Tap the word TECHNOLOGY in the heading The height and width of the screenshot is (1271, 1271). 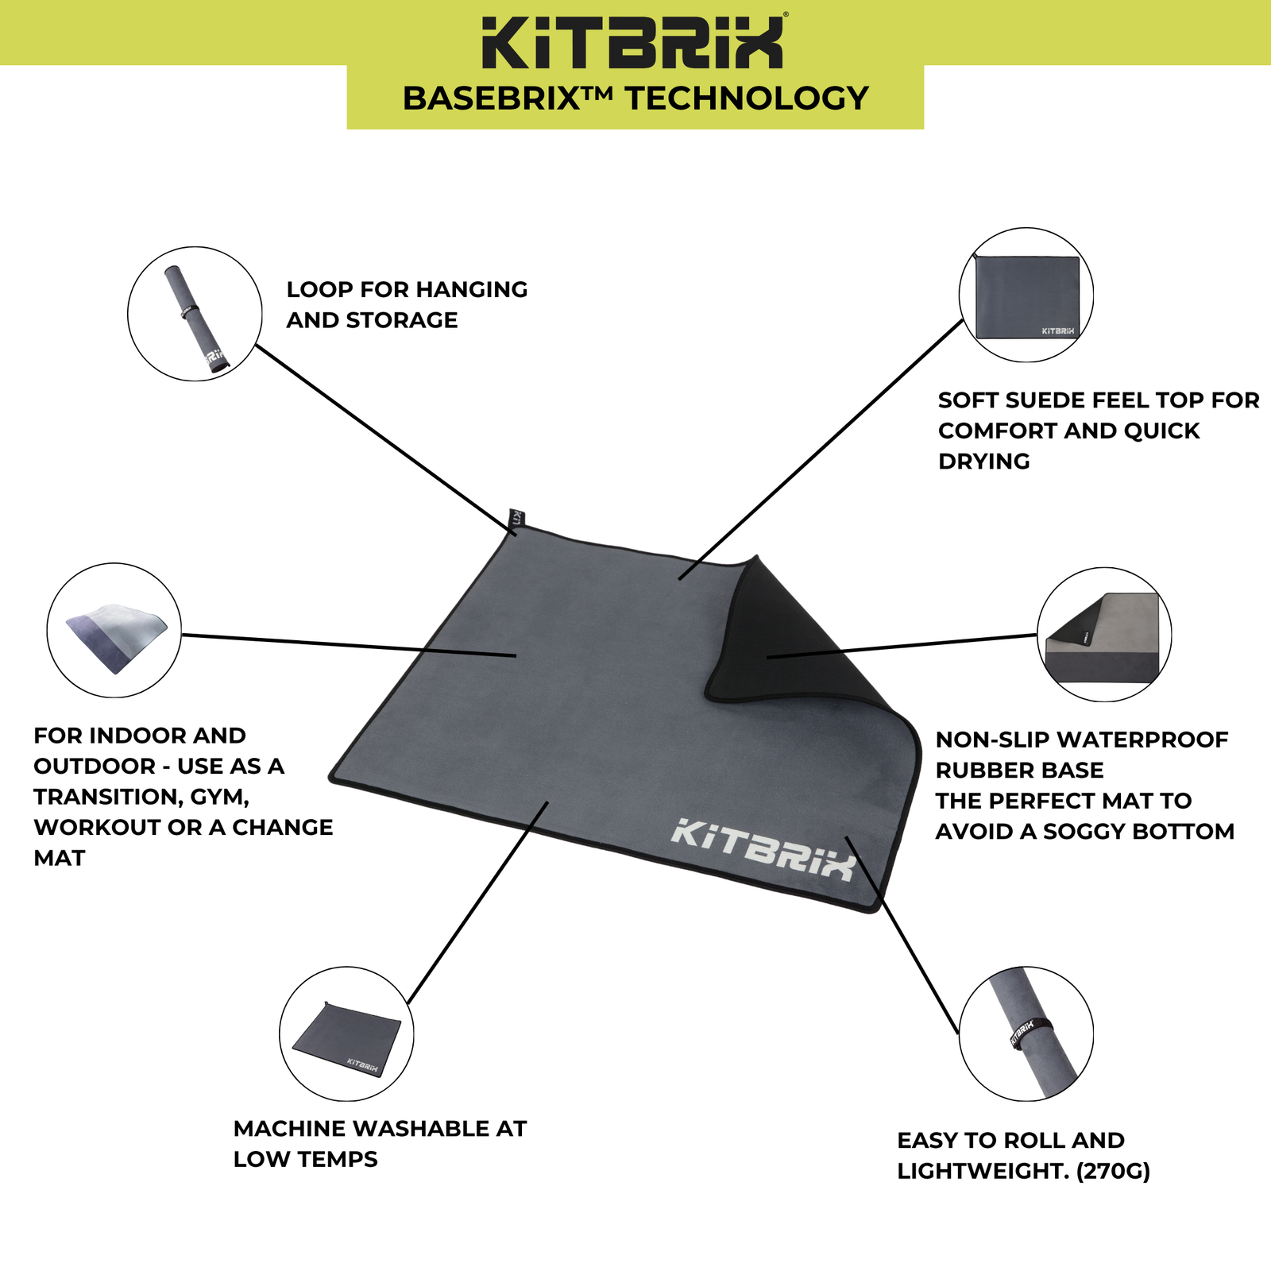click(747, 99)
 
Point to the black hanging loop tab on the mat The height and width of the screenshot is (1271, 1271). click(515, 520)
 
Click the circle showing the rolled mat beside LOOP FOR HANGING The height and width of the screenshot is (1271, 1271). click(195, 314)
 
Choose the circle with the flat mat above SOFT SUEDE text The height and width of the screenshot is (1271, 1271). click(1026, 295)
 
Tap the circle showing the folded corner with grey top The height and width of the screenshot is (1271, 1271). click(1103, 635)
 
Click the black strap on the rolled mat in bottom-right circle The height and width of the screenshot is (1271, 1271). click(1031, 1032)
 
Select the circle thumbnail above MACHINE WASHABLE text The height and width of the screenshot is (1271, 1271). click(346, 1033)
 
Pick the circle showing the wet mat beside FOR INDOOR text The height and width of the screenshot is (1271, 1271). click(114, 631)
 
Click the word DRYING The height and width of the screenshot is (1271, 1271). click(983, 462)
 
